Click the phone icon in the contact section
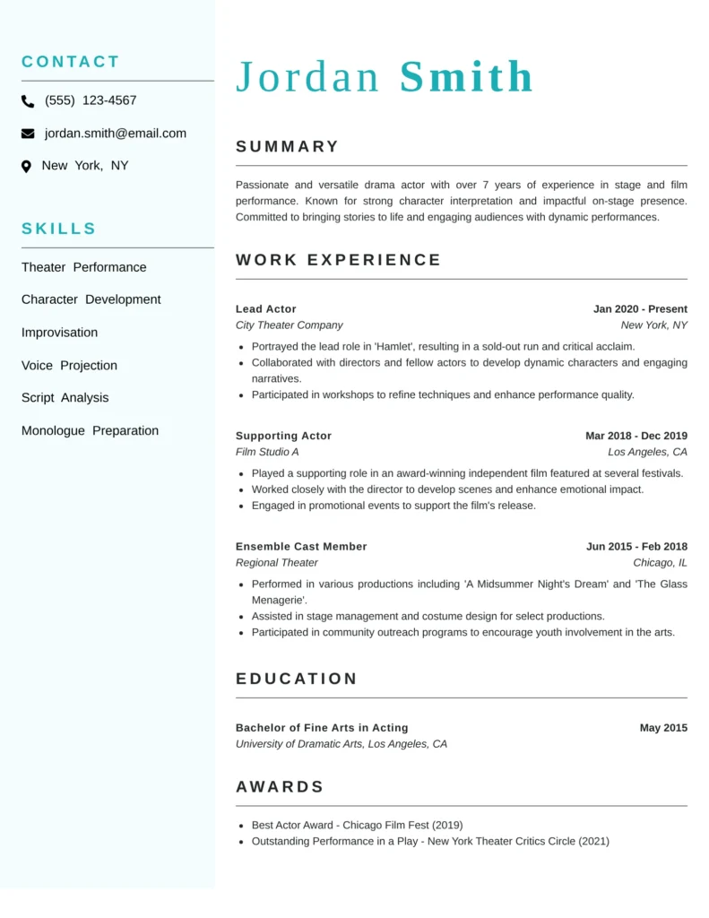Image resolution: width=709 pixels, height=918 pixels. click(28, 101)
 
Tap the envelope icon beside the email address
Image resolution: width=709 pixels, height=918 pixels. click(28, 134)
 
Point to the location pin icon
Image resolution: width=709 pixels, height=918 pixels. click(26, 166)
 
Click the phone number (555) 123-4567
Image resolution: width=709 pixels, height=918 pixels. click(91, 100)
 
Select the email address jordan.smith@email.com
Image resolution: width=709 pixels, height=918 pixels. click(116, 134)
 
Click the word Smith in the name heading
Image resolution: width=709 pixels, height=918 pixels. click(466, 77)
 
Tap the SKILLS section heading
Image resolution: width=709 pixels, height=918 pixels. click(58, 229)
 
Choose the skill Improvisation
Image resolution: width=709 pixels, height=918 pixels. click(59, 333)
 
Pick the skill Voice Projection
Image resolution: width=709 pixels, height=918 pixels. click(69, 366)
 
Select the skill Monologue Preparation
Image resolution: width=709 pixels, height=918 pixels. click(90, 431)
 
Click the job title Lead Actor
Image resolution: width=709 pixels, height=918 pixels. click(265, 309)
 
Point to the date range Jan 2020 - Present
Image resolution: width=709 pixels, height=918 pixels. click(640, 309)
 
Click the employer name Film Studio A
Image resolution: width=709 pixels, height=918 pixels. click(267, 452)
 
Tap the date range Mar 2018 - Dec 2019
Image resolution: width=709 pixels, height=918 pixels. click(636, 436)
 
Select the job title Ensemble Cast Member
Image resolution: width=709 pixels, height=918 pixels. click(301, 547)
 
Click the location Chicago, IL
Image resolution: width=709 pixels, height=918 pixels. click(660, 563)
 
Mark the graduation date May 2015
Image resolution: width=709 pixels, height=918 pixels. click(663, 728)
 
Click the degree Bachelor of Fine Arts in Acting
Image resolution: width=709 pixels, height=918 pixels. click(322, 728)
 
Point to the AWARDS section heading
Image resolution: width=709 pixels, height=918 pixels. click(280, 787)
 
